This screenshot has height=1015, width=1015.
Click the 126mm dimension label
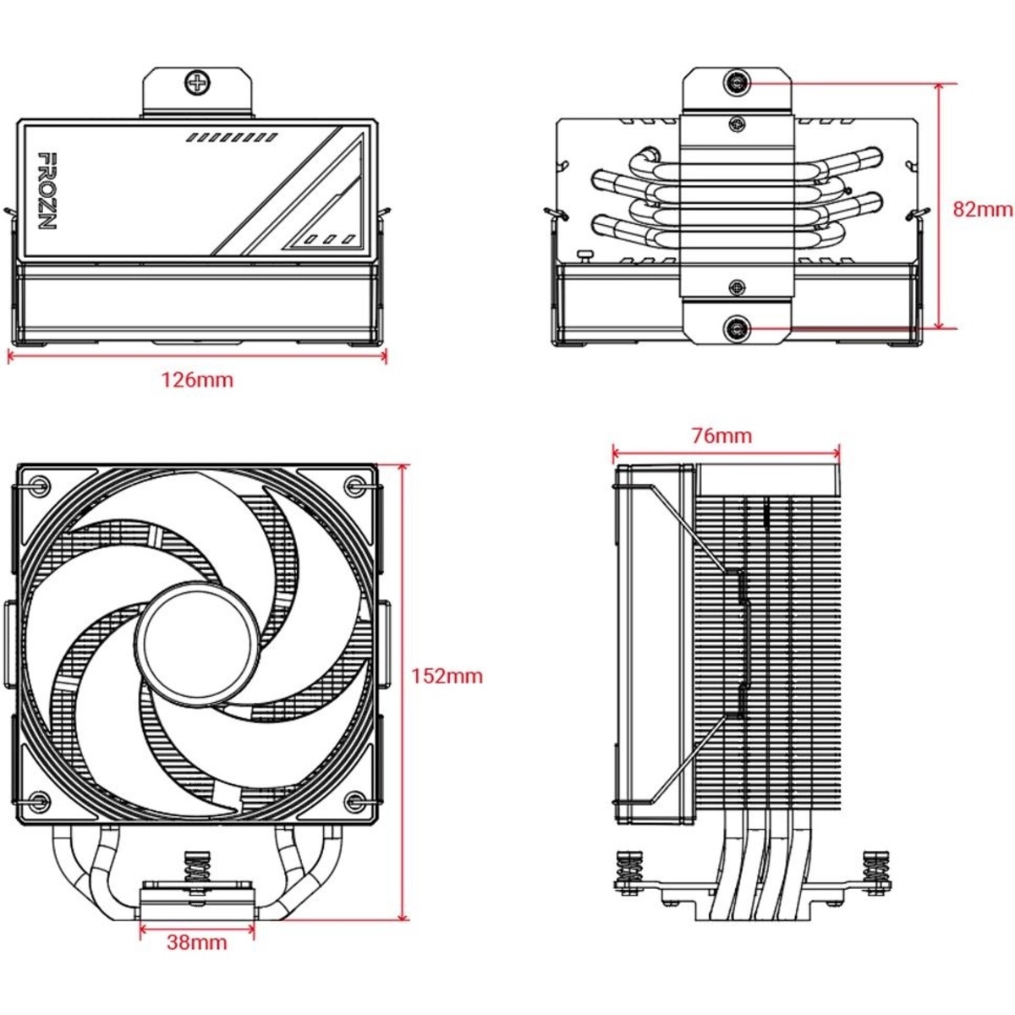click(x=197, y=380)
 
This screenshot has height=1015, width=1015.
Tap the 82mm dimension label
click(x=982, y=209)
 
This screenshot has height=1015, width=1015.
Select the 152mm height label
click(x=447, y=676)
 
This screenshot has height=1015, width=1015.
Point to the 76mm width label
click(x=721, y=436)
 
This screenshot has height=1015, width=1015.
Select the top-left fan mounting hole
click(x=40, y=485)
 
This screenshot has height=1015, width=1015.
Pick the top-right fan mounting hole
click(x=354, y=485)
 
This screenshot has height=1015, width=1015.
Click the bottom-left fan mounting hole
click(x=40, y=799)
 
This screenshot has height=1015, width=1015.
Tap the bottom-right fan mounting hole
click(x=354, y=799)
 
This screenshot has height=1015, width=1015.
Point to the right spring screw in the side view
click(x=872, y=872)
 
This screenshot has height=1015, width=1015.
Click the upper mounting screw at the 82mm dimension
click(x=737, y=83)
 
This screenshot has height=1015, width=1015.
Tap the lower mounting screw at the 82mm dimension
click(x=737, y=327)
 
